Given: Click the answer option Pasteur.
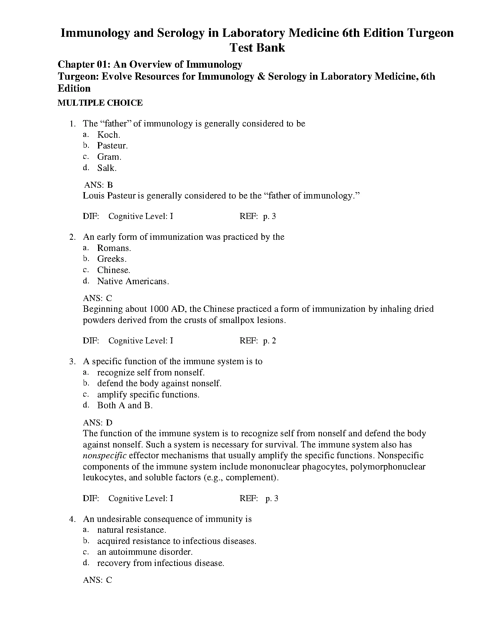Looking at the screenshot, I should (112, 146).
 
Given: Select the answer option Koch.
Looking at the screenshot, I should (108, 135).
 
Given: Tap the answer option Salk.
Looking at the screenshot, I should (107, 168).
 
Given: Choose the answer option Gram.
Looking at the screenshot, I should (109, 157).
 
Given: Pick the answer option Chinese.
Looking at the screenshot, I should (114, 270).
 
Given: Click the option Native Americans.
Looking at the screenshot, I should (133, 281).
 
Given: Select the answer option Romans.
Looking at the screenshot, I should (114, 248).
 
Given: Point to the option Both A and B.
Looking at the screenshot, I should (125, 405).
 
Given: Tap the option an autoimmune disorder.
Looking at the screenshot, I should (145, 552).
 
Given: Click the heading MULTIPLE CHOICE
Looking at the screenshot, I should (100, 103).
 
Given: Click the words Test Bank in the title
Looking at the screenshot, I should (257, 48).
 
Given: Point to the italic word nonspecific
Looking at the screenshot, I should (104, 455).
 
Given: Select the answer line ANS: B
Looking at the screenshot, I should (98, 185).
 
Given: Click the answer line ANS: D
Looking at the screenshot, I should (98, 423).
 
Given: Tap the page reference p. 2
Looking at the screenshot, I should (269, 341).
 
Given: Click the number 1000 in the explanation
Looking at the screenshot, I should (159, 309).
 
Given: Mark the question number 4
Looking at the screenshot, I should (72, 519).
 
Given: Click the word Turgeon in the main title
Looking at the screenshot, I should (430, 33).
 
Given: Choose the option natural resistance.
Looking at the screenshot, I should (131, 530).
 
